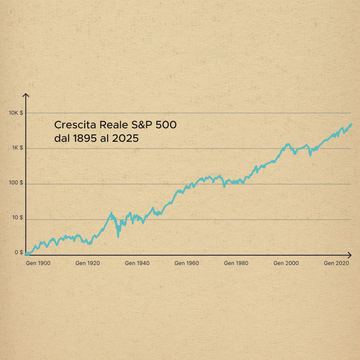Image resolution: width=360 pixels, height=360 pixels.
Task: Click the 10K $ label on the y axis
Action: (x=16, y=113)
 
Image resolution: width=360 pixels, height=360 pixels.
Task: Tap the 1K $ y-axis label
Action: (x=18, y=148)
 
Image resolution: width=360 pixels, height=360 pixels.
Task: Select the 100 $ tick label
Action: (x=17, y=183)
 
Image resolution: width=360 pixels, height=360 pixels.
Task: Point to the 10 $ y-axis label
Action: (x=18, y=218)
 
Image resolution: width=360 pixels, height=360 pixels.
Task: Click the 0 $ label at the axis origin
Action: (x=19, y=253)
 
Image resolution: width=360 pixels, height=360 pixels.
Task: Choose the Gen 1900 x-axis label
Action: (x=38, y=263)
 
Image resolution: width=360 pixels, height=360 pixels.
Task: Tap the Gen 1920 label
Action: (x=87, y=263)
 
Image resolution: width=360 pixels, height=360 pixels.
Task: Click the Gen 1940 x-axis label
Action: (x=137, y=263)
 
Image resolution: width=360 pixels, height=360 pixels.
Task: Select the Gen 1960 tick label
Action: (x=187, y=263)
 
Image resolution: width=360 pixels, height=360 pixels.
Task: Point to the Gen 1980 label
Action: (x=236, y=263)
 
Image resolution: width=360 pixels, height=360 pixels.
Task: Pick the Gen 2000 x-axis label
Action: (x=286, y=263)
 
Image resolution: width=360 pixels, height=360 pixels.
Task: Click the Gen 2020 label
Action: (x=336, y=263)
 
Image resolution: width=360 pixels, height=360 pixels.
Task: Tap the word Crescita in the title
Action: (x=72, y=125)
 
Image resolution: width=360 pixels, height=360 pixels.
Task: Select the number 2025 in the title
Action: (x=125, y=139)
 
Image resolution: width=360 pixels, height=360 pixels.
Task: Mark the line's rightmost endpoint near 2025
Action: (x=351, y=124)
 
